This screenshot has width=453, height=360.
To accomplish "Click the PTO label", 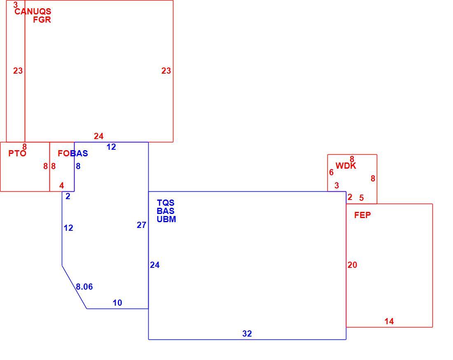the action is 17,153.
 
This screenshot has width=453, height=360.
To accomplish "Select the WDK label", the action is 346,166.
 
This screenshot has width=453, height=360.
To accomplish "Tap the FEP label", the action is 362,215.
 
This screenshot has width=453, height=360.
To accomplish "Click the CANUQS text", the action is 33,12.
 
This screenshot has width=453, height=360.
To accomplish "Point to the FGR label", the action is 42,20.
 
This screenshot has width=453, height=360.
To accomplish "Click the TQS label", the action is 166,203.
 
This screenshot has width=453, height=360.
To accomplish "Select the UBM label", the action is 166,219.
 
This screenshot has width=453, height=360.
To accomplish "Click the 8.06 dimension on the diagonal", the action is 84,287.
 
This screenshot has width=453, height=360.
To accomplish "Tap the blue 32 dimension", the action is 247,334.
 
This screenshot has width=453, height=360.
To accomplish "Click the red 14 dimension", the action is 389,321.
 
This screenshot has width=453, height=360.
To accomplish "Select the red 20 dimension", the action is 353,265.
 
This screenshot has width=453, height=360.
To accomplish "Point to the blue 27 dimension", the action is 142,225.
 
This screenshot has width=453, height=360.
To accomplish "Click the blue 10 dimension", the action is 117,303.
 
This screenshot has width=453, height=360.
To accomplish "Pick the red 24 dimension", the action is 98,136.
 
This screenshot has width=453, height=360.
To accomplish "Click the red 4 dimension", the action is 61,186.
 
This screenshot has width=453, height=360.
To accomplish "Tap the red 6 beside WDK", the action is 332,172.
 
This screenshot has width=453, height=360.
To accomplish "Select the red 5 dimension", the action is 362,198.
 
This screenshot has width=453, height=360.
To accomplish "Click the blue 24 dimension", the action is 155,265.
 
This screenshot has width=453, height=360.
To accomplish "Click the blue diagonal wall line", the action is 74,287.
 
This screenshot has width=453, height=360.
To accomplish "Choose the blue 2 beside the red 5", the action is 350,197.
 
